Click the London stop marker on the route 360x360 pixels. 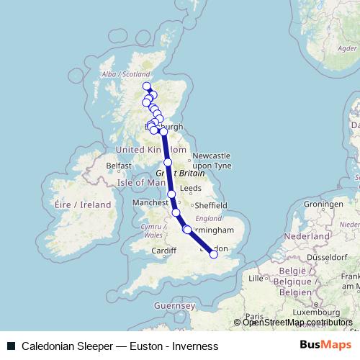(214, 253)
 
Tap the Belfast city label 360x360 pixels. (120, 165)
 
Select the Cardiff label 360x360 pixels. (164, 251)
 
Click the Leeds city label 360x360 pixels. (192, 188)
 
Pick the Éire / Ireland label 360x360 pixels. (83, 204)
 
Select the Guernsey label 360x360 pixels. (175, 305)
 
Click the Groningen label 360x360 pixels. (322, 204)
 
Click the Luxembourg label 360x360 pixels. (316, 313)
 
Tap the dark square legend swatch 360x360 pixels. (11, 346)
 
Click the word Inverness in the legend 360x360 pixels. (193, 346)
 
